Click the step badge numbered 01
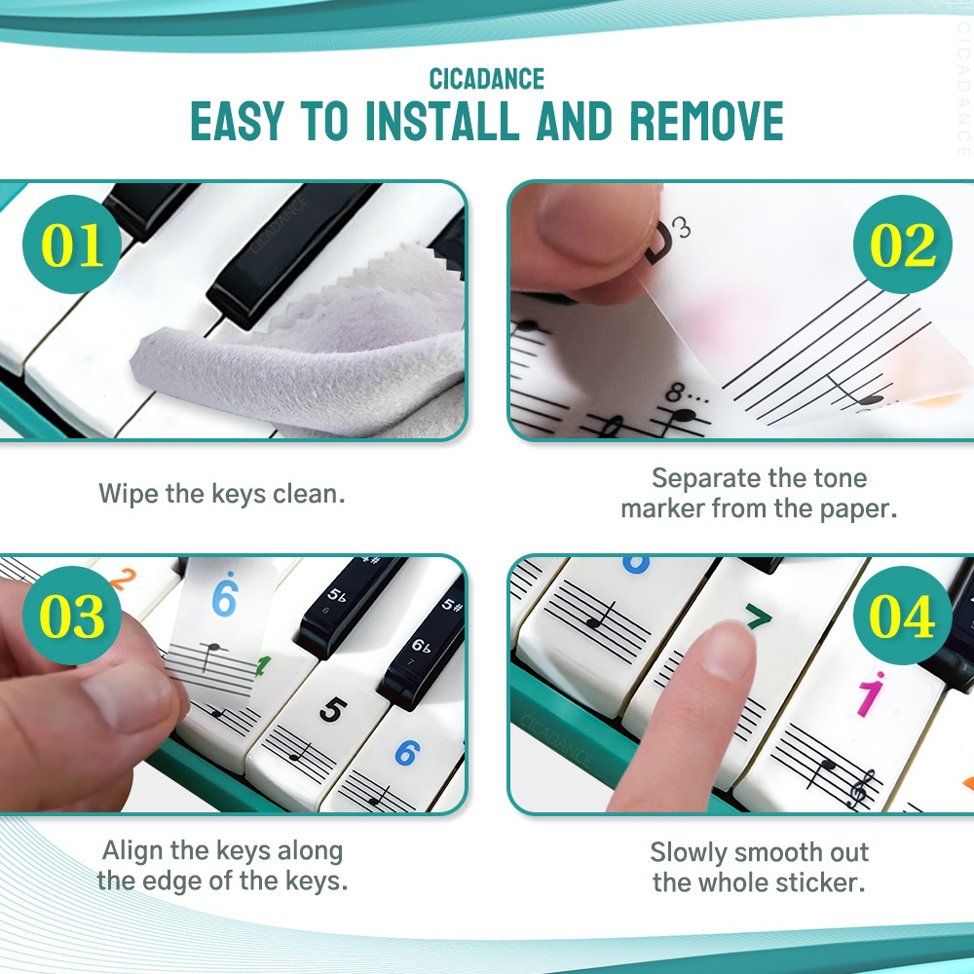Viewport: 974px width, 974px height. tap(72, 244)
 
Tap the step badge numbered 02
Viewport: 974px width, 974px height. tap(903, 244)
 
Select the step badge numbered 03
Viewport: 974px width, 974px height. tap(72, 616)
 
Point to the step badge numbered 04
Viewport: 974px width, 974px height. tap(903, 616)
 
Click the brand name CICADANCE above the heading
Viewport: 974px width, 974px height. tap(487, 80)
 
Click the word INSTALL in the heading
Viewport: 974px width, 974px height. tap(441, 121)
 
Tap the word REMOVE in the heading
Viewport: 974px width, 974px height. tap(707, 121)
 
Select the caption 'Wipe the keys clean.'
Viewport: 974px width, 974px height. tap(222, 495)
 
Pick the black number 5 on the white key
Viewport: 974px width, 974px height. tap(332, 709)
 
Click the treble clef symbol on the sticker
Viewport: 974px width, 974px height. tap(862, 787)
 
